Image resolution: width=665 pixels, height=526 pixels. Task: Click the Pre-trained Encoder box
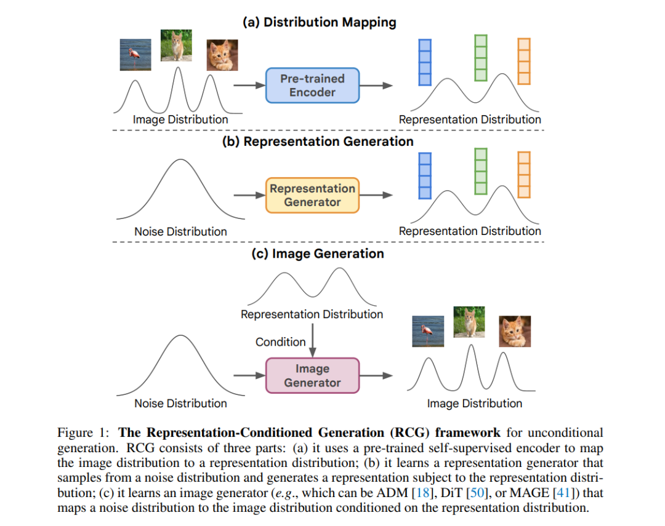coord(313,85)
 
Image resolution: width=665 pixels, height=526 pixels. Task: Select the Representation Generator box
coord(313,196)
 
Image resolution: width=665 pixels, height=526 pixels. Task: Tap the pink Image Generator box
coord(313,375)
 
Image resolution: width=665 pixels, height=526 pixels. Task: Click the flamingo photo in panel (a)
coord(135,55)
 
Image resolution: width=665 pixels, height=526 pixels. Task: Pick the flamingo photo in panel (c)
coord(429,331)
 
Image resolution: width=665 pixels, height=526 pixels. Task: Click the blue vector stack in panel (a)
coord(425,63)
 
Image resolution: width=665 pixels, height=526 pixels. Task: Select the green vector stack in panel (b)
coord(481,171)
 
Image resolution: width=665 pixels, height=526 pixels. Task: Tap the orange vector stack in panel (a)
coord(524,62)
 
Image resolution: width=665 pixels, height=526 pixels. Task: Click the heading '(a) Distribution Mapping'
coord(320,22)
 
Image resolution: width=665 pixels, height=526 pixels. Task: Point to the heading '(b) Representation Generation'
coord(318,141)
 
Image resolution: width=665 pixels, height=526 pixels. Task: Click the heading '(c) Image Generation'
coord(318,253)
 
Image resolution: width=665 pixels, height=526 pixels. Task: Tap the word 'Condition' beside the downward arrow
coord(280,341)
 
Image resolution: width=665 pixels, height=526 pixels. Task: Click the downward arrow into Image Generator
coord(313,341)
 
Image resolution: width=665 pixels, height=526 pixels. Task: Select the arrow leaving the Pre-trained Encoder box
coord(376,85)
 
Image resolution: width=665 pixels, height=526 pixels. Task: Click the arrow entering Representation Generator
coord(249,196)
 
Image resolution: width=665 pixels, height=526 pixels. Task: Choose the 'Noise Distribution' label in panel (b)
coord(180,231)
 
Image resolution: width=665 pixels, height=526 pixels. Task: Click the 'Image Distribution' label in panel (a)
coord(180,119)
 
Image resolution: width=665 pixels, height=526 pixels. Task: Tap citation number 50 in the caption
coord(477,493)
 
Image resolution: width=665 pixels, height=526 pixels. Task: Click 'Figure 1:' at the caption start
coord(83,432)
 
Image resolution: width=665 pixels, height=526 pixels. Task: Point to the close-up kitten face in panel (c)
coord(515,332)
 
